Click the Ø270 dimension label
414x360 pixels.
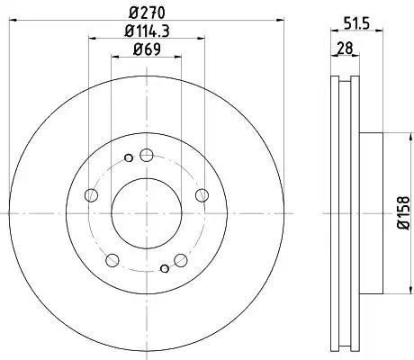coord(148,13)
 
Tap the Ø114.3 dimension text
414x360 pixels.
coord(147,31)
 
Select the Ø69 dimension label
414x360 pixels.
coord(147,49)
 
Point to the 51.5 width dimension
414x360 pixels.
coord(356,23)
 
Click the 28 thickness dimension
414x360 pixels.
coord(345,48)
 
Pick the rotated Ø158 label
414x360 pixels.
coord(402,213)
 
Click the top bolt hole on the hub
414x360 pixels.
coord(147,155)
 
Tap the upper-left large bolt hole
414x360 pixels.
coord(91,195)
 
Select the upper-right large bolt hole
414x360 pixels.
coord(202,195)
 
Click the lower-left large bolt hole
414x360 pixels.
coord(112,260)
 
